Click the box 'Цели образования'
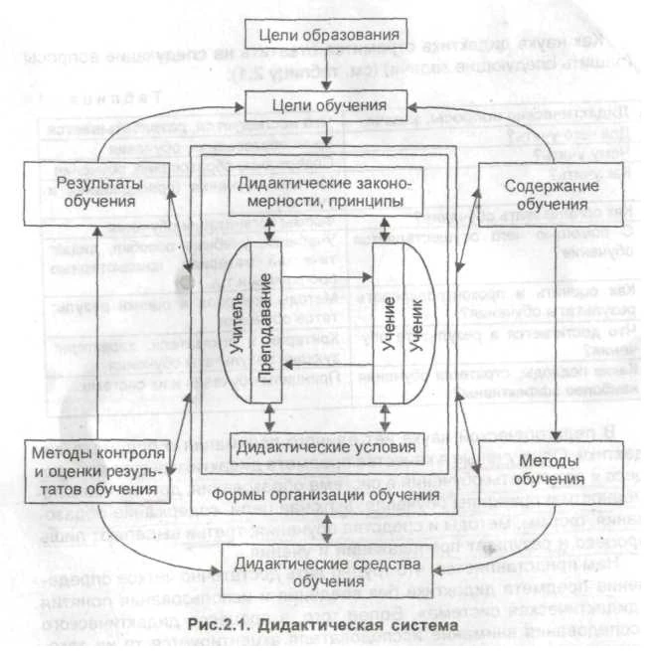[x=326, y=37]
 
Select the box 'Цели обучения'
[x=326, y=103]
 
